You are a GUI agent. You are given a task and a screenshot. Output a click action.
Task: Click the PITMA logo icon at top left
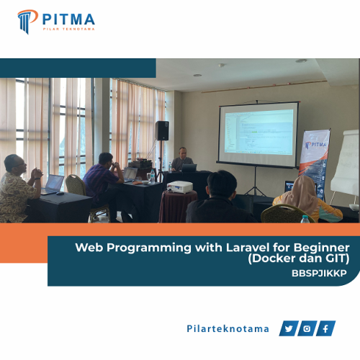tap(27, 21)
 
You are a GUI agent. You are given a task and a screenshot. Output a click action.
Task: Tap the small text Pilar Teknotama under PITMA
tap(68, 30)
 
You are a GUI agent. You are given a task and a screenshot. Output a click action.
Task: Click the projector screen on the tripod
tap(258, 134)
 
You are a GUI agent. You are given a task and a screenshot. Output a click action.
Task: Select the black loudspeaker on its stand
tap(162, 130)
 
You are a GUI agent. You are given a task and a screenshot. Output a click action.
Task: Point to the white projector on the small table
tap(179, 186)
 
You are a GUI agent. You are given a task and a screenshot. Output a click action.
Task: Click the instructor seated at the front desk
tap(181, 159)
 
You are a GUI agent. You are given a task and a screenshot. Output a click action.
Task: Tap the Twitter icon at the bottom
tap(289, 329)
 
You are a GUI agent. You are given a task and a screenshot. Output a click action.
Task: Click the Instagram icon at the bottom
tap(307, 329)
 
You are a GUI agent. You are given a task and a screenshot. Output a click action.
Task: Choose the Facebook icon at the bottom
tap(326, 329)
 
